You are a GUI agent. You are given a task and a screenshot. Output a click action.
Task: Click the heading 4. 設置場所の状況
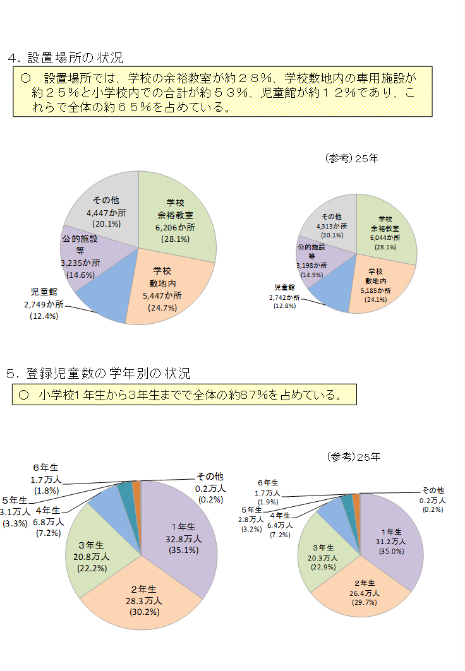coord(65,58)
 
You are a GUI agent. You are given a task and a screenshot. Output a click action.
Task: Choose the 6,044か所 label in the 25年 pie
coord(385,238)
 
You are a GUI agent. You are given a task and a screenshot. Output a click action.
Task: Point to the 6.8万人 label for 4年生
coord(48,522)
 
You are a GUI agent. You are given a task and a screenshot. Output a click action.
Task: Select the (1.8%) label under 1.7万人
coord(45,490)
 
